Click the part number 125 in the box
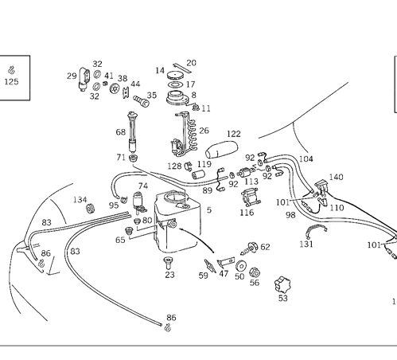[11, 81]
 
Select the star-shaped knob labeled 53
[282, 285]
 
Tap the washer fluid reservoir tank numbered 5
[177, 221]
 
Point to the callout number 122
[234, 134]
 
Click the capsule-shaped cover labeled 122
[221, 150]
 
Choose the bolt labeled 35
[142, 101]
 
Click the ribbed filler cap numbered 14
[175, 76]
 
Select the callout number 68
[121, 132]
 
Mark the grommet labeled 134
[91, 208]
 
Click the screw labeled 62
[249, 248]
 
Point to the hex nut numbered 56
[255, 272]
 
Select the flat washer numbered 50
[241, 266]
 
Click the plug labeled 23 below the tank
[168, 263]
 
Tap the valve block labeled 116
[251, 198]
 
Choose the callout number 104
[306, 158]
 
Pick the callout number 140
[336, 177]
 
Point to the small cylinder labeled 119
[199, 174]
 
